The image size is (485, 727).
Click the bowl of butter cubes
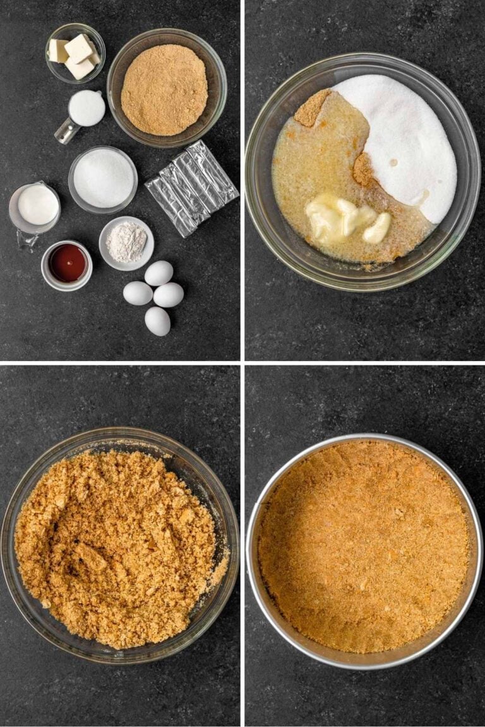tap(75, 53)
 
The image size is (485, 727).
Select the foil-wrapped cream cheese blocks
tap(192, 187)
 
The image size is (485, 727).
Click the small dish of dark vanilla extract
tap(67, 264)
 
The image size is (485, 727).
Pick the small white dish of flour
tap(126, 243)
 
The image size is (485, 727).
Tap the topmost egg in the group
tap(159, 273)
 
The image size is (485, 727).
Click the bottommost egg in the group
tap(157, 321)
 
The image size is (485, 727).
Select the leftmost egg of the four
tap(137, 293)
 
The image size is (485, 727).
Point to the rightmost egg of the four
tap(169, 295)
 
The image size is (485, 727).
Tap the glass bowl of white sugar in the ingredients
tap(103, 179)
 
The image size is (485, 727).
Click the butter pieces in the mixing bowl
tap(344, 220)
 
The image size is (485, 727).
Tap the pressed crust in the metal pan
tap(364, 546)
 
